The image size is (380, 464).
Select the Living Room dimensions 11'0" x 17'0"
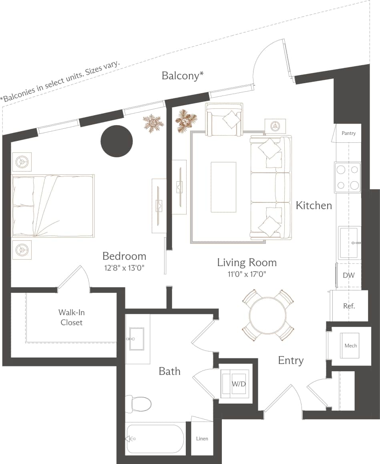pos(247,274)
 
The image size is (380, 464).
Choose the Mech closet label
pos(350,346)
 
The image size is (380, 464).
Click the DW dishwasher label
pos(348,275)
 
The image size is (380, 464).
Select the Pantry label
pos(348,133)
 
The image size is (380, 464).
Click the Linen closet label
pos(202,439)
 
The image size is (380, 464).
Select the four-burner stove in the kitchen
pos(348,177)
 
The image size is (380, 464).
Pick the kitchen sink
pos(350,243)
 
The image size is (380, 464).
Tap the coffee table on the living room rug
pos(223,187)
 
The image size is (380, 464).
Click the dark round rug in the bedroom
pos(117,141)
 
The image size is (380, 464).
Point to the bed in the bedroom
pos(53,206)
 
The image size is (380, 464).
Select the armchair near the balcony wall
pos(224,119)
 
